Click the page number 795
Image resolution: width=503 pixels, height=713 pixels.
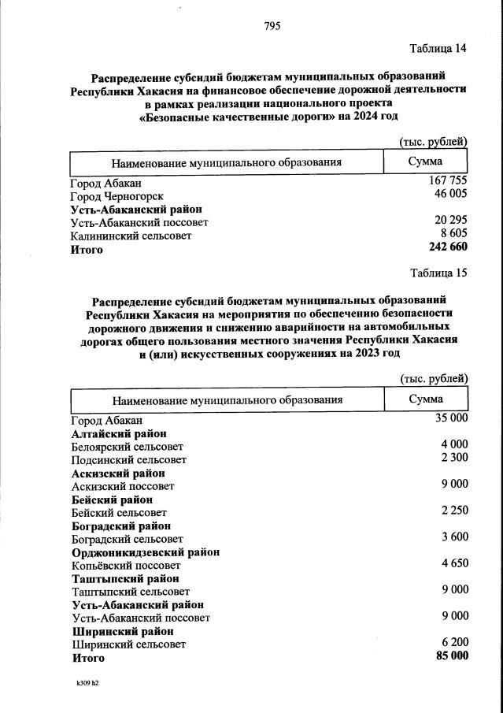[272, 26]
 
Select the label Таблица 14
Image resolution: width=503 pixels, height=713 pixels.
[438, 49]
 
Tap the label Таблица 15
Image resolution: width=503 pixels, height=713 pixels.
[438, 273]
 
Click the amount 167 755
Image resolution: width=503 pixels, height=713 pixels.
[448, 181]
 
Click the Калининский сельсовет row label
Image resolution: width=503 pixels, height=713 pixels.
[131, 236]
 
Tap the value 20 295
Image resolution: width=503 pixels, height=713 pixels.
[451, 221]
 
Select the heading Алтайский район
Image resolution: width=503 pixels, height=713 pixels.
[118, 433]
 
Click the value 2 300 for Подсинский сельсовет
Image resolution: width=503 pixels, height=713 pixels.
[454, 458]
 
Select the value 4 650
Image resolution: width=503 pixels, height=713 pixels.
[454, 563]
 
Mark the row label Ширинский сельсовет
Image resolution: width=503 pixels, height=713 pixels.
[128, 644]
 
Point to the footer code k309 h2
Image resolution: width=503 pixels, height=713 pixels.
[82, 683]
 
